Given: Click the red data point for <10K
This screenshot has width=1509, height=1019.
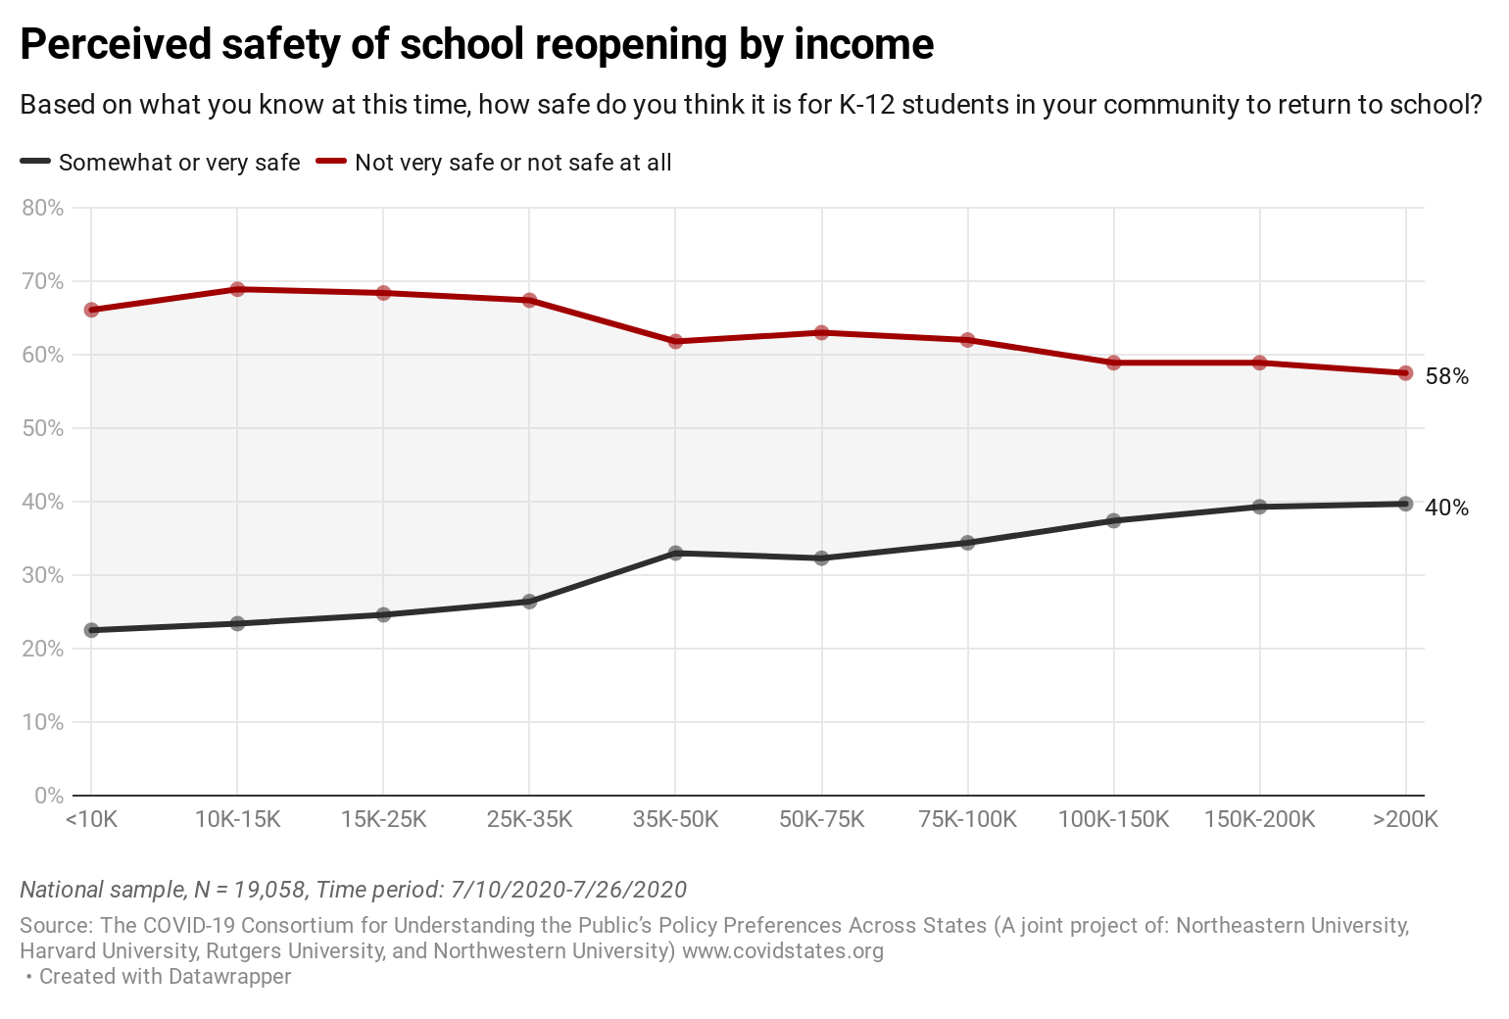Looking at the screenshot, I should coord(91,310).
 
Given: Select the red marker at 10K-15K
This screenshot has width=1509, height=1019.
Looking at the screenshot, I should coord(237,289).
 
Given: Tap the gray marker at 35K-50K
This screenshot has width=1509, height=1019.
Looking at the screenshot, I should coord(675,553).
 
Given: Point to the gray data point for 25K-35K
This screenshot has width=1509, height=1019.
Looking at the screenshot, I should coord(529,602).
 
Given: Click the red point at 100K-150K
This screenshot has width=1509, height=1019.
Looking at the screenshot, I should coord(1113,363).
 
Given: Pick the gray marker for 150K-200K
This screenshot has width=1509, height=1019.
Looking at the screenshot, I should coord(1259,507).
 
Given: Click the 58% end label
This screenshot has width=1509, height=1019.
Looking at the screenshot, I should coord(1446,376).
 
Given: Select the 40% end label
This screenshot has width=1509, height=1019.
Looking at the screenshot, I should coord(1446,508).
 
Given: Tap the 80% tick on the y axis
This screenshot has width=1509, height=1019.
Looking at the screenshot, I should coord(42,208).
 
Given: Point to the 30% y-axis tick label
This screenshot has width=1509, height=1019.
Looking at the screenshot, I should coord(42,575).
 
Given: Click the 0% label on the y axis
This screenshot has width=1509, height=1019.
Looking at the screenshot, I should coord(48,796).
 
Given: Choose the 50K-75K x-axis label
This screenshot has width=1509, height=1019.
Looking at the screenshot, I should coord(821,819).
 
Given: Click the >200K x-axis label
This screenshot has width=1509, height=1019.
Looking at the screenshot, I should coord(1405,819).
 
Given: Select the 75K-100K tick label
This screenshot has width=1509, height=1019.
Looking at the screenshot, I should coord(967,819).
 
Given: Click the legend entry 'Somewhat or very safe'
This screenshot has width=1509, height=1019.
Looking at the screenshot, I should coord(179,163).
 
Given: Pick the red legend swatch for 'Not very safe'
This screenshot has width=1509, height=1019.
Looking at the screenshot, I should coord(331,162).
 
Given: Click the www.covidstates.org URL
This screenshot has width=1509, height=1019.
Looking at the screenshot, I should coord(783,950).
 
